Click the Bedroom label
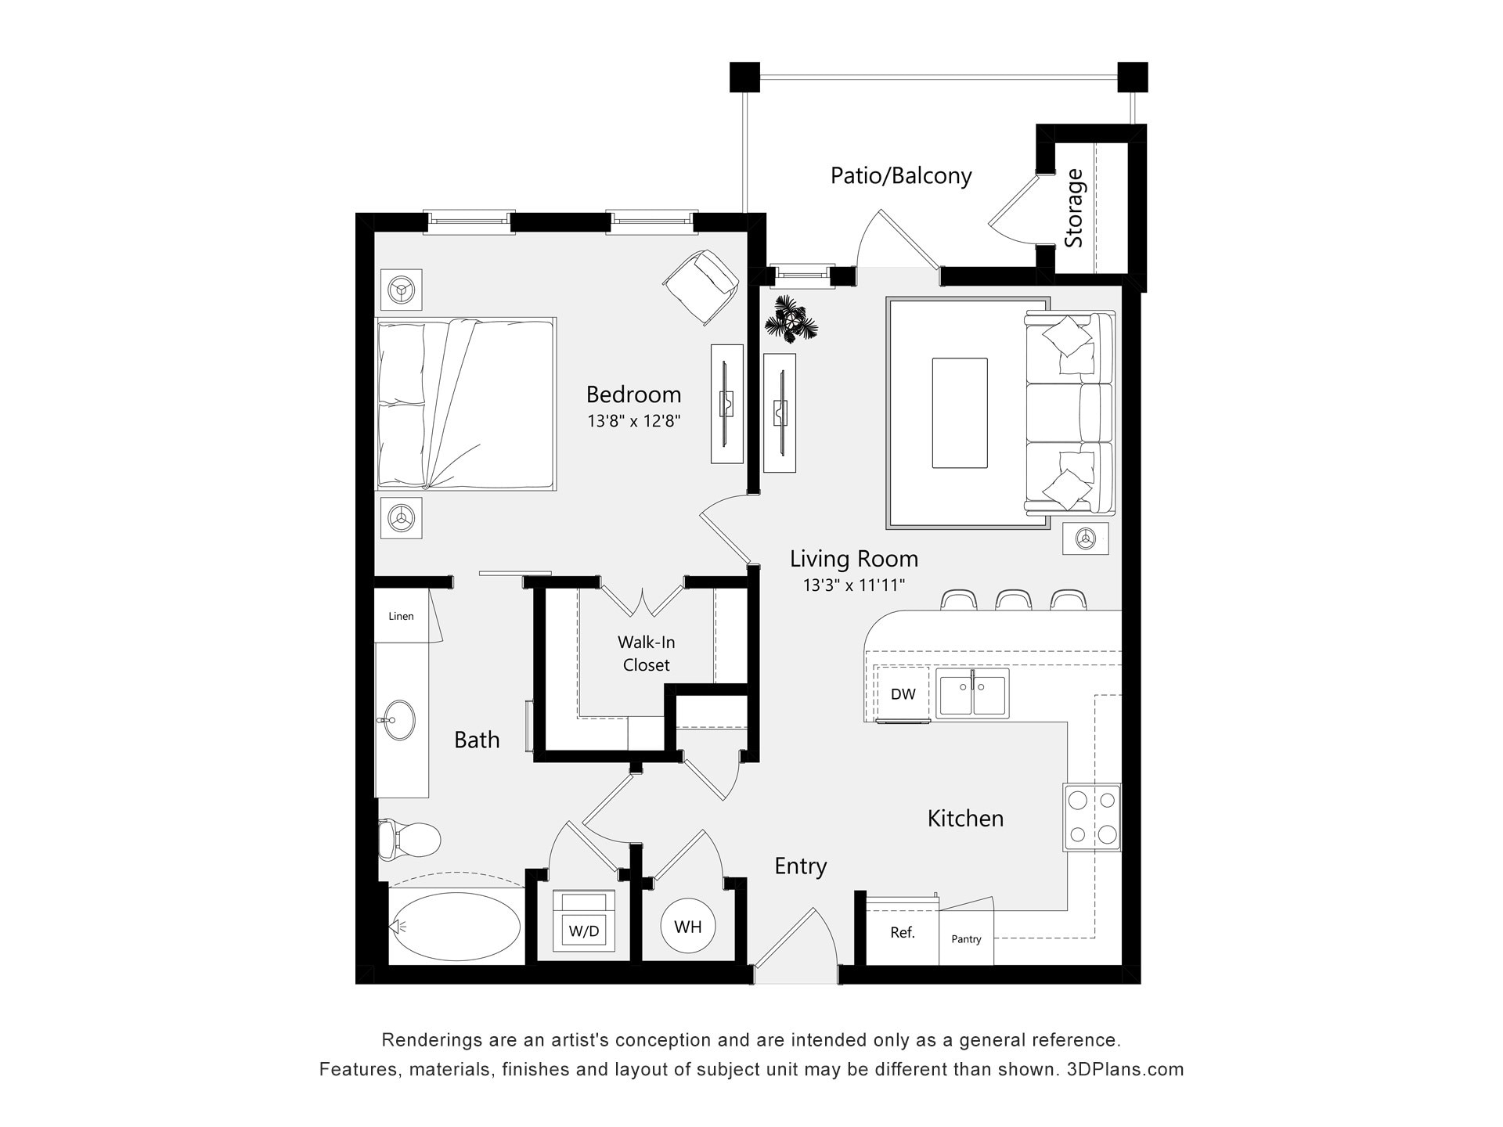(633, 394)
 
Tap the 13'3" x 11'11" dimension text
(853, 585)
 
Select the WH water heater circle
(688, 927)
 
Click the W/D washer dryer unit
(584, 922)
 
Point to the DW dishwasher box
(903, 693)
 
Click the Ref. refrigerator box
(903, 933)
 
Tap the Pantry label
(966, 939)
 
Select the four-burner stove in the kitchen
(1092, 818)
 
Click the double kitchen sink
(973, 693)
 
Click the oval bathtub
(456, 927)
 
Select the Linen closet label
(401, 616)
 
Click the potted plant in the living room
(791, 319)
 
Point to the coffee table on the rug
(959, 413)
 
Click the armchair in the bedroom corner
(702, 286)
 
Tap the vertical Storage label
(1074, 208)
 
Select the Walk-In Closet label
(646, 654)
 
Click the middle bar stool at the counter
(1014, 600)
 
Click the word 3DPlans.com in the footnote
(1125, 1069)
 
